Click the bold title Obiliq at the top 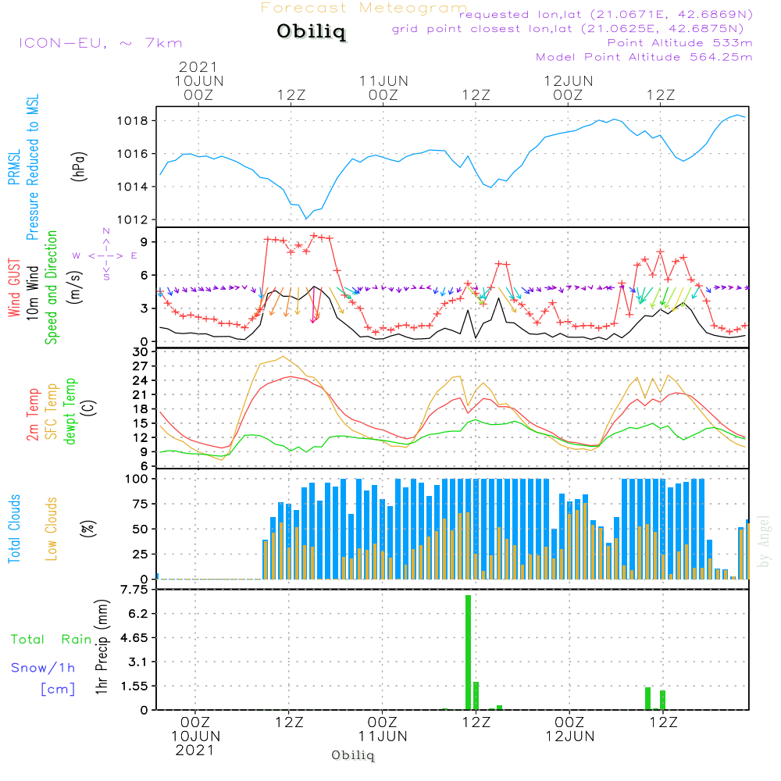[x=310, y=33]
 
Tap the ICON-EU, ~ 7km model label [x=100, y=43]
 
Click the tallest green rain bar [x=468, y=652]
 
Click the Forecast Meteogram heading [x=364, y=8]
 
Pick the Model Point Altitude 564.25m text [x=644, y=56]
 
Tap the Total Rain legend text [x=51, y=640]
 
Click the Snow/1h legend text [x=43, y=668]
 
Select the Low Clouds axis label [x=52, y=529]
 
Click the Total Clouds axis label [x=15, y=529]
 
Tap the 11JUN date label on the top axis [x=383, y=80]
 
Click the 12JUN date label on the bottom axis [x=569, y=736]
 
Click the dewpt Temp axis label [x=71, y=412]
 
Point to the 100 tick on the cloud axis [x=136, y=479]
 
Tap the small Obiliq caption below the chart [x=353, y=755]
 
